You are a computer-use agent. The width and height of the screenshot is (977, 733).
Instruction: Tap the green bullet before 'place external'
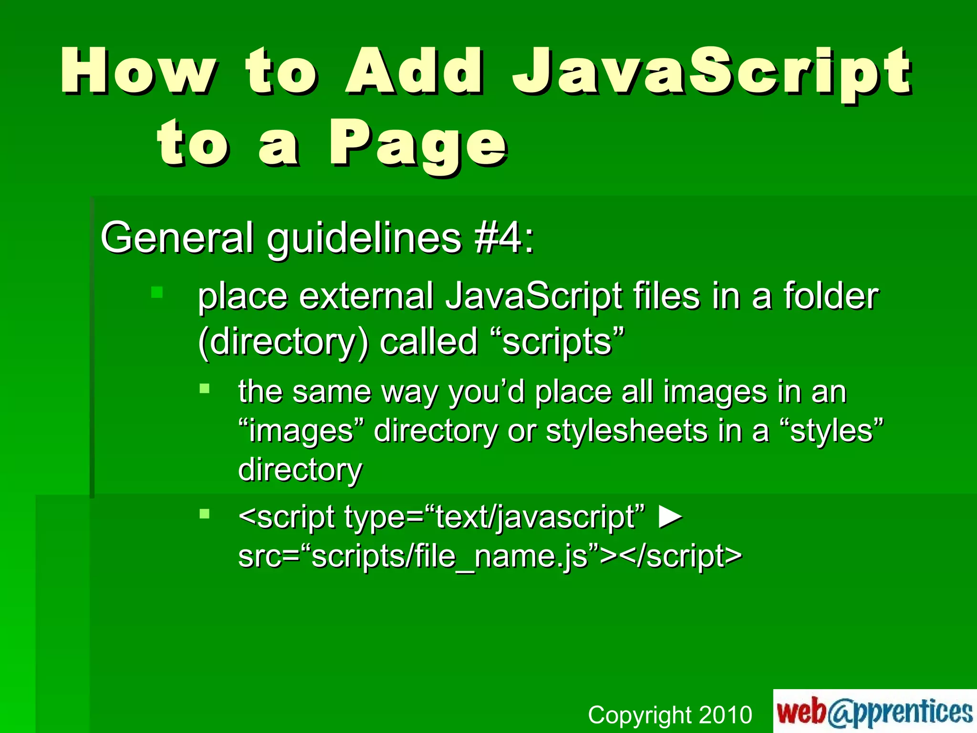point(157,292)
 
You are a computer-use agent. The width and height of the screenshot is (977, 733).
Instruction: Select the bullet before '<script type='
point(205,513)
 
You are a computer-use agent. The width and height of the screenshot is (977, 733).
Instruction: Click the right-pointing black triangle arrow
point(670,517)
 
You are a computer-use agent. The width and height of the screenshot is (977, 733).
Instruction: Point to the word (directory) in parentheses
point(283,343)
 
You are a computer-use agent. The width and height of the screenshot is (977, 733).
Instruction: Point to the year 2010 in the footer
point(725,715)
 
